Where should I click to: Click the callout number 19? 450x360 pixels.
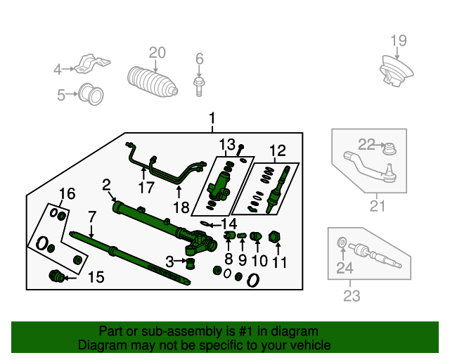click(399, 41)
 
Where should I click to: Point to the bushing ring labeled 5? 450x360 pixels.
click(91, 95)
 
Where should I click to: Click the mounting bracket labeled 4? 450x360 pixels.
click(92, 64)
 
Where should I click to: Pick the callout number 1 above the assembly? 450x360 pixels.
click(212, 118)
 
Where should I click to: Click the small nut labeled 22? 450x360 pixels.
click(390, 148)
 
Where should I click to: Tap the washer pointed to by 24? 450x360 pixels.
click(342, 242)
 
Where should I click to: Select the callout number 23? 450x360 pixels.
click(352, 296)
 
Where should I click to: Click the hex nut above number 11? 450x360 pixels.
click(274, 237)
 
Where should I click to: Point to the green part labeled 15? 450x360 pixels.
click(56, 276)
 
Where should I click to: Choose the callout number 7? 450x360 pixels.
click(91, 217)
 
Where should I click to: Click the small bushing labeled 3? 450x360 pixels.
click(190, 263)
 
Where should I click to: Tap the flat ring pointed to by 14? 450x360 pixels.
click(205, 224)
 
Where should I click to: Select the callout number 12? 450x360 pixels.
click(278, 151)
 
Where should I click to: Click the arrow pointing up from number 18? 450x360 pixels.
click(179, 192)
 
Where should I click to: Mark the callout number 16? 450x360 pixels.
click(67, 194)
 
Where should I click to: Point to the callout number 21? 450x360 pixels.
click(377, 206)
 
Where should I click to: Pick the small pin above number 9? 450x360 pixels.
click(242, 236)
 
